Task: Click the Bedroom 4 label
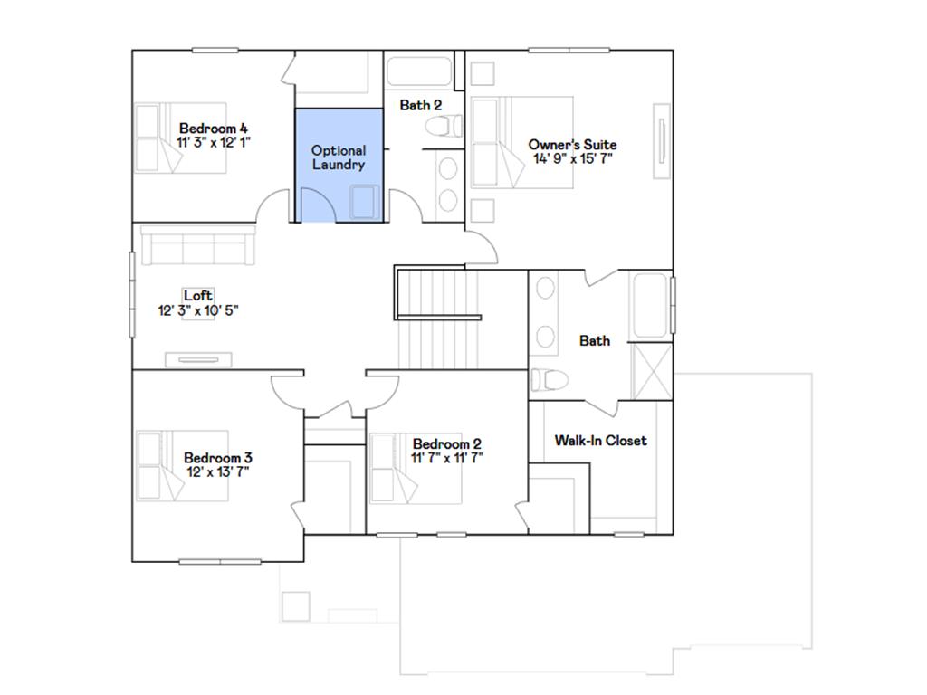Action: (x=214, y=129)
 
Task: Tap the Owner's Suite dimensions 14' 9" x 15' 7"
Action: (x=572, y=158)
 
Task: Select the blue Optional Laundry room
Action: (x=339, y=166)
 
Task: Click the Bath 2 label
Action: (x=420, y=105)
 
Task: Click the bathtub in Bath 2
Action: (x=420, y=71)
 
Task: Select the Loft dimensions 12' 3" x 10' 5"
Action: (x=198, y=310)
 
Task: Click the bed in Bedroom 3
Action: (x=182, y=466)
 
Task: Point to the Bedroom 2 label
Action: (x=447, y=443)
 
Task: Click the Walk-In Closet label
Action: (x=601, y=441)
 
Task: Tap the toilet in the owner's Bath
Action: (x=550, y=380)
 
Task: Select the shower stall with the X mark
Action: (x=652, y=372)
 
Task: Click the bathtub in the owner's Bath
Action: (x=651, y=306)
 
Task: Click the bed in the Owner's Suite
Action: (x=522, y=142)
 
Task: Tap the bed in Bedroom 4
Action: (x=181, y=138)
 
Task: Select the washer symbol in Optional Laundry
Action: (x=365, y=202)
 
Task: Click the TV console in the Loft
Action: (x=198, y=359)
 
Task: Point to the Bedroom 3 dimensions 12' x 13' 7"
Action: (x=217, y=471)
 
